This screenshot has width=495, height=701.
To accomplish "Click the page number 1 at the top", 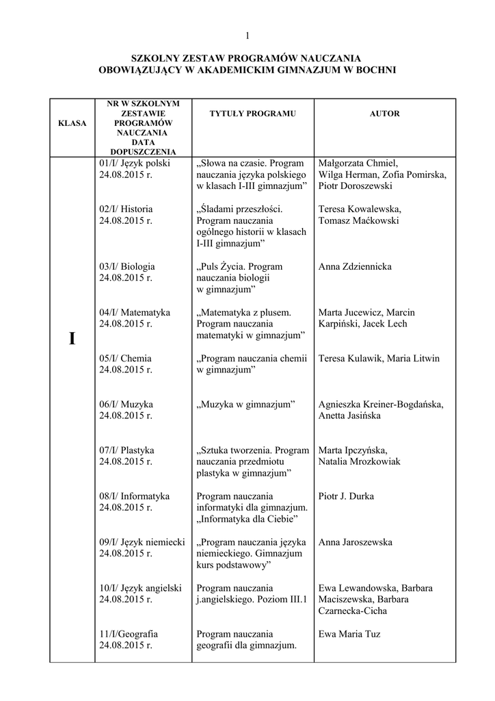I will click(x=247, y=36).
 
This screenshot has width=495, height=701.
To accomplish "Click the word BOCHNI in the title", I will click(x=375, y=71).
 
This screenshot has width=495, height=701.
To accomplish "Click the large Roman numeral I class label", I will click(x=72, y=340).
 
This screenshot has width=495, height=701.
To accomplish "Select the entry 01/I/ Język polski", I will click(x=135, y=164).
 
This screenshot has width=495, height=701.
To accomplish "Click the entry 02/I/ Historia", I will click(x=126, y=209).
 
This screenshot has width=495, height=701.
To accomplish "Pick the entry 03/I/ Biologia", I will click(x=127, y=266).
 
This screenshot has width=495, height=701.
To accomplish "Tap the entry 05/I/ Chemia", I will click(x=126, y=358).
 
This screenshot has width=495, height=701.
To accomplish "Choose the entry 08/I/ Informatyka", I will click(x=135, y=496).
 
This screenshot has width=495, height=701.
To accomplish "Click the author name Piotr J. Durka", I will click(x=347, y=496).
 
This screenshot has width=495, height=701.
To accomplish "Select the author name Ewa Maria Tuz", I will click(x=350, y=634).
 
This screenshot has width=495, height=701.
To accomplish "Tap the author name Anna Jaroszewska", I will click(x=356, y=542).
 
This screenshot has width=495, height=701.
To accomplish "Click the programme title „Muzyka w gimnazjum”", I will click(x=245, y=404).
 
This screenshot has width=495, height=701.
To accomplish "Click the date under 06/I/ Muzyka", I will click(x=126, y=416).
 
